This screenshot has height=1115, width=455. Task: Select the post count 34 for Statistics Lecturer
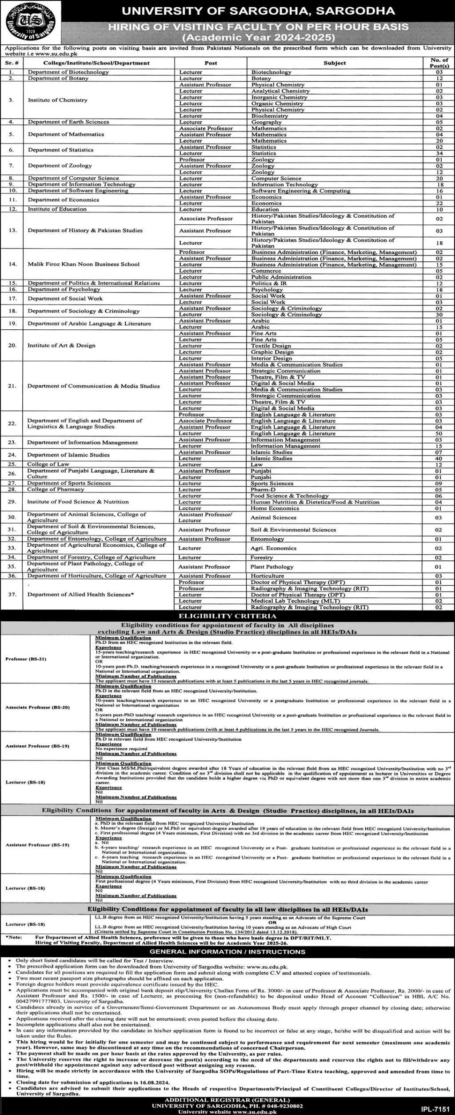[x=439, y=153]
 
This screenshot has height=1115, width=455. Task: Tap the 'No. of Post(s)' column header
[x=439, y=63]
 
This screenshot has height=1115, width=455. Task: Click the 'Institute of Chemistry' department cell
[x=58, y=100]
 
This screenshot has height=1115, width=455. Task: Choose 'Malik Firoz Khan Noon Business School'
[x=84, y=264]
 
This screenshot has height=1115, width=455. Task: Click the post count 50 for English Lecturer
[x=439, y=433]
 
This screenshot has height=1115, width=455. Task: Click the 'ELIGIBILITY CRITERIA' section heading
[x=227, y=616]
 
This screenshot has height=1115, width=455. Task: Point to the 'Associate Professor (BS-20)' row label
[x=38, y=707]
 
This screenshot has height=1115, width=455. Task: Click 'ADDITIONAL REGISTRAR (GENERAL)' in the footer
[x=227, y=1099]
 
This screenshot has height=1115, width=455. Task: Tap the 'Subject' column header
[x=335, y=63]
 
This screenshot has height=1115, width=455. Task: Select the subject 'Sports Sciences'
[x=272, y=484]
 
